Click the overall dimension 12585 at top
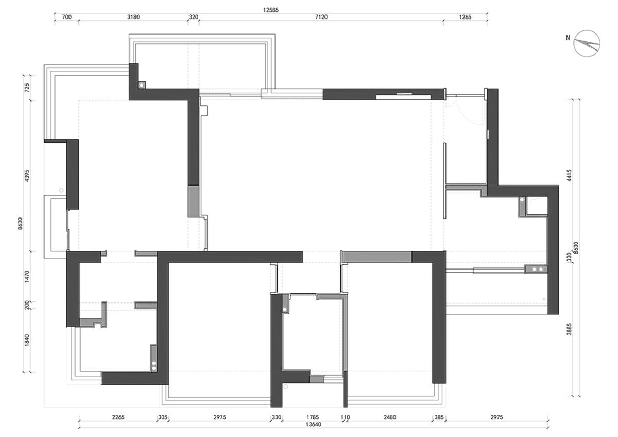(271, 10)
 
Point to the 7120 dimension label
(321, 17)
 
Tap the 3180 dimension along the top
(133, 17)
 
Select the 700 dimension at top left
(67, 17)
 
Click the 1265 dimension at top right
(465, 17)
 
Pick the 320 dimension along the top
(194, 17)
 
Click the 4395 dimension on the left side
(27, 176)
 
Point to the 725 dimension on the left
(27, 88)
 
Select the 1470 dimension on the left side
(27, 276)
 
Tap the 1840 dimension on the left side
(27, 341)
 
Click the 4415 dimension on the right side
(569, 176)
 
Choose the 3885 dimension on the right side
(569, 329)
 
